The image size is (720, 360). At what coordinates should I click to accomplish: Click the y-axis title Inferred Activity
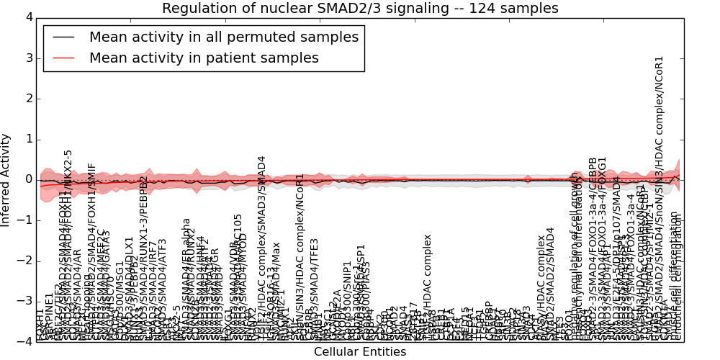click(6, 180)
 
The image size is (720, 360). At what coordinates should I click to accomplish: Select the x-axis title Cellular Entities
click(360, 352)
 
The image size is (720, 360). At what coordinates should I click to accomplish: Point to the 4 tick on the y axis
click(28, 17)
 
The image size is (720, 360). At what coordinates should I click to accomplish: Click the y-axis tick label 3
click(28, 58)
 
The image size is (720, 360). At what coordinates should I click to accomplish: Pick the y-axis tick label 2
click(28, 99)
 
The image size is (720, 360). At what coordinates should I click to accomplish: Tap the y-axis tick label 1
click(28, 139)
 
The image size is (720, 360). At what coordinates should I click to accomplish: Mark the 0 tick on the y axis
click(28, 179)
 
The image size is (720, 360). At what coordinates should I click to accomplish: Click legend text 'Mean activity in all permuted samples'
click(223, 37)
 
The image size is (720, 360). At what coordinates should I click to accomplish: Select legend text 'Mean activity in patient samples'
click(204, 58)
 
